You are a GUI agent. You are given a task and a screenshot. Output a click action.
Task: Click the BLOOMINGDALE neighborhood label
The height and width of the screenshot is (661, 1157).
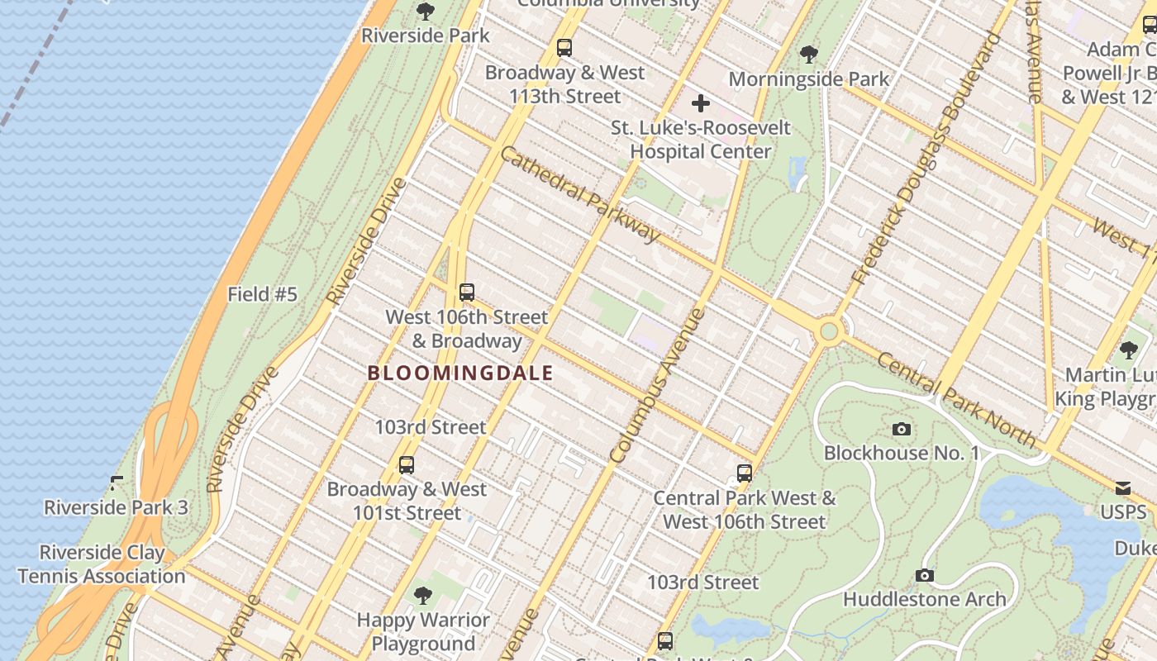460,373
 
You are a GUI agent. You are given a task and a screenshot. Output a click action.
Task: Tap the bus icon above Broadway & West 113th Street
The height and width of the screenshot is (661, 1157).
564,48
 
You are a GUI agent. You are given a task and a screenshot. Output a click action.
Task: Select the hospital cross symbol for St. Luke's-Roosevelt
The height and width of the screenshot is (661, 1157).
700,103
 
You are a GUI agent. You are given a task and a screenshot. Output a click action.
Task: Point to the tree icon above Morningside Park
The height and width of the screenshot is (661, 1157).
808,55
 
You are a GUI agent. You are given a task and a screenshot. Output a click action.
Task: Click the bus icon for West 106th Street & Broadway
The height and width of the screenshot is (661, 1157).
466,292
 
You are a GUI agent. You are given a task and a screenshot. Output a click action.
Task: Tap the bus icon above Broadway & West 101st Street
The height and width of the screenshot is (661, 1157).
406,464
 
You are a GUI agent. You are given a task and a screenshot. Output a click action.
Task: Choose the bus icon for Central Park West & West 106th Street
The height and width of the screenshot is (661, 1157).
744,473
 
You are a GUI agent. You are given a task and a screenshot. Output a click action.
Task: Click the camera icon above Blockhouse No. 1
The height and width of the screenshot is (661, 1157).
902,429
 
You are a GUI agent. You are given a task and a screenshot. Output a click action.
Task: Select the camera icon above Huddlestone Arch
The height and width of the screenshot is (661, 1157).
924,575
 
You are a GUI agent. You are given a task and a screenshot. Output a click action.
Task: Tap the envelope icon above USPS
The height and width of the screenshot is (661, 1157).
1122,488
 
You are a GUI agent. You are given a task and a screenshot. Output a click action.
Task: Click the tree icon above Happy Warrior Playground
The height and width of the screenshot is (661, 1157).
423,595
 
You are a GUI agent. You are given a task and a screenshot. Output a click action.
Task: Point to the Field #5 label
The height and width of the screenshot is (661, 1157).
262,294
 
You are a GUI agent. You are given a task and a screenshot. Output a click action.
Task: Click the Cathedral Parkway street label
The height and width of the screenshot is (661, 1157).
581,196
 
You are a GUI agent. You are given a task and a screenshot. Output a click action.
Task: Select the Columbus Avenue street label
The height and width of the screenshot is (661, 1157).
657,385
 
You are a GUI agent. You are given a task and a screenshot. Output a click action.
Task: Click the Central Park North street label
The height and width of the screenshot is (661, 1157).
955,399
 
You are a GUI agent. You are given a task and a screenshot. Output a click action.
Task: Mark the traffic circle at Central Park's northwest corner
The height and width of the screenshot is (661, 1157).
829,332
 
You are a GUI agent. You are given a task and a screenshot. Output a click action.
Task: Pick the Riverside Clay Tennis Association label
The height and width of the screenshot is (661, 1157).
102,564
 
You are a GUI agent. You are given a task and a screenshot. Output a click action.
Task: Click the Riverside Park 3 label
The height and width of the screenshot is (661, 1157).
116,507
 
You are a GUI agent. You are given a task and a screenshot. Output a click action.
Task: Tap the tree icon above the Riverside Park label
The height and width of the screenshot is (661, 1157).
425,12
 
